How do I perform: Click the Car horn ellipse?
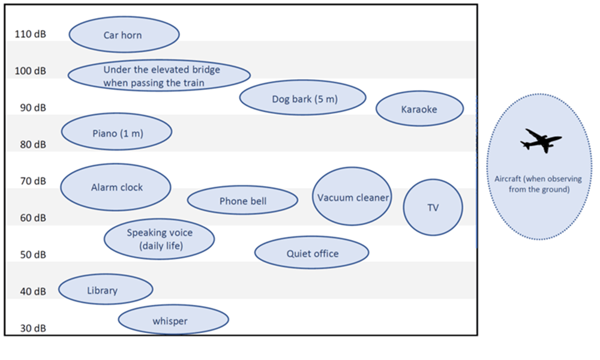pyautogui.click(x=124, y=35)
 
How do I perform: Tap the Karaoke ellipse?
pyautogui.click(x=419, y=109)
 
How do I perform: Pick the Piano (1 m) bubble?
pyautogui.click(x=117, y=133)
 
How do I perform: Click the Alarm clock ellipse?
pyautogui.click(x=116, y=187)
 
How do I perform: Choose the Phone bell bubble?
pyautogui.click(x=242, y=201)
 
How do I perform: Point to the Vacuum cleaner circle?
pyautogui.click(x=352, y=197)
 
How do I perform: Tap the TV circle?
pyautogui.click(x=433, y=208)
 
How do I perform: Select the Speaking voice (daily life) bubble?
pyautogui.click(x=159, y=239)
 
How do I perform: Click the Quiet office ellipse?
pyautogui.click(x=311, y=253)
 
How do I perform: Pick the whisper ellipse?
pyautogui.click(x=173, y=320)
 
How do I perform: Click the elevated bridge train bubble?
pyautogui.click(x=159, y=75)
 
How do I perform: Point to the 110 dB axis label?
pyautogui.click(x=30, y=34)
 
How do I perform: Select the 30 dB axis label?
pyautogui.click(x=30, y=328)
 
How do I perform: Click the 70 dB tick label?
pyautogui.click(x=30, y=181)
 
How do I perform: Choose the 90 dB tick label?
pyautogui.click(x=30, y=108)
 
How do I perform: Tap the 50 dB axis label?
pyautogui.click(x=30, y=255)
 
